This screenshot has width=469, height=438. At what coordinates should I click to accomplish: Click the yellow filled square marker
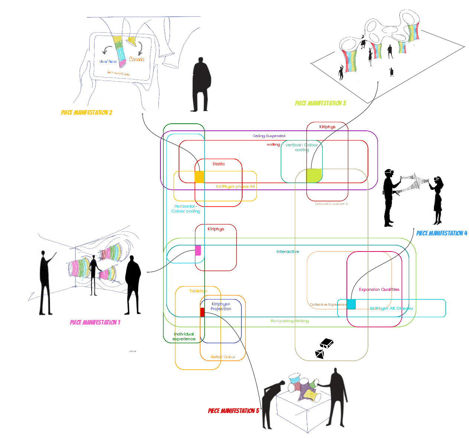coord(199,177)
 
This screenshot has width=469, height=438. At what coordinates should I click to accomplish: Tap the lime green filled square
coord(314,175)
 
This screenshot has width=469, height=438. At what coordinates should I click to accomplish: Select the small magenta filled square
coord(198,250)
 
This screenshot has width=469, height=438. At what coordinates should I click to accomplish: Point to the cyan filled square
coord(351,304)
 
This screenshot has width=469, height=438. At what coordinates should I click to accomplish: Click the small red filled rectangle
coord(202,312)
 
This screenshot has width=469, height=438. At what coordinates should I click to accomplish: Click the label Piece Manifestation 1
coord(95,322)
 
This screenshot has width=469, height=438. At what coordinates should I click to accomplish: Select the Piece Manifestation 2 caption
coord(87,113)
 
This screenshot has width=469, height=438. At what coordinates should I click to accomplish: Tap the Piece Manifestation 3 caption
coord(320,103)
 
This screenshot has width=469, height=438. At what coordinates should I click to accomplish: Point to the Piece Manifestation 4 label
coord(442,233)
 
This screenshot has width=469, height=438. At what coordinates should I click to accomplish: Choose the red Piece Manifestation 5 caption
coord(234,411)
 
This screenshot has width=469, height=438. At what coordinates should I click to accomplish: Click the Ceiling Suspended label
coord(269,136)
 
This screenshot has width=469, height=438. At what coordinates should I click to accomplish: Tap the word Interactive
coord(288,252)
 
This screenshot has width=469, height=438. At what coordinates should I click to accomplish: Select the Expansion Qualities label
coord(379,289)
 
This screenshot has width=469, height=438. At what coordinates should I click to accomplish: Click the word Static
coord(219,164)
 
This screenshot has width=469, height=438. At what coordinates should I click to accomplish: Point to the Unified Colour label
coord(223,357)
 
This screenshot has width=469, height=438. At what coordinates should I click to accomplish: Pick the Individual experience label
coord(184,337)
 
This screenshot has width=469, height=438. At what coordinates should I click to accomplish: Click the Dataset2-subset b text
coord(331,204)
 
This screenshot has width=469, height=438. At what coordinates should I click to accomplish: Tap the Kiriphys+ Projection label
coord(221,306)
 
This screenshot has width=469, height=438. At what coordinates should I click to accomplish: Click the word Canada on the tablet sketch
coord(137,59)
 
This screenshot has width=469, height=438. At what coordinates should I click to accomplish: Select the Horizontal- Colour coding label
coord(186,209)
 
